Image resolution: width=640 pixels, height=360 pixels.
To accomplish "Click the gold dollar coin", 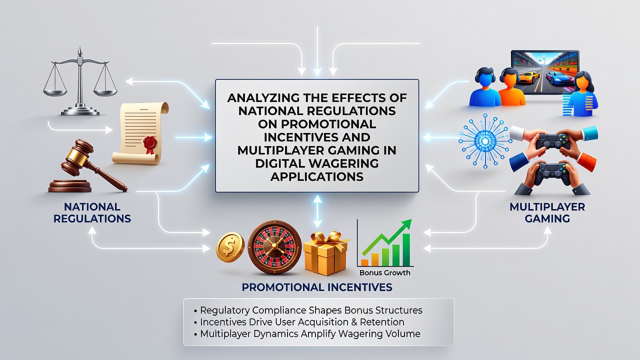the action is (230, 247).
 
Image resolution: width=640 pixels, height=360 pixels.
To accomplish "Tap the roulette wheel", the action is (274, 247).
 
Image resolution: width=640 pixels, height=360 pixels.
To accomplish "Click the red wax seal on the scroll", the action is (149, 143).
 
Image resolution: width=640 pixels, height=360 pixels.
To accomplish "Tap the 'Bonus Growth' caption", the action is (384, 273).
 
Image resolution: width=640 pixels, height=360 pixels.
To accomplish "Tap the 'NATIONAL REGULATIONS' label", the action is (92, 212).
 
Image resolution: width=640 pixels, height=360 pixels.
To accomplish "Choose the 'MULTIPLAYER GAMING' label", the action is (547, 212).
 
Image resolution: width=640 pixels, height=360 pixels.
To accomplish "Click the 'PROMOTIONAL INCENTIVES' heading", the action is (317, 287).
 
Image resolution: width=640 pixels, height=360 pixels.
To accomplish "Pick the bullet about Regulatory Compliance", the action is (308, 310).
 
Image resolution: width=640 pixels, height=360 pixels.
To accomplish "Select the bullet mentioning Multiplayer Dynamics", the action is (307, 333).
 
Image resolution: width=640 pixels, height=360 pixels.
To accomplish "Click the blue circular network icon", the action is (485, 141).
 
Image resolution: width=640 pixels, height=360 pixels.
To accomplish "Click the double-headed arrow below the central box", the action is (317, 211).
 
